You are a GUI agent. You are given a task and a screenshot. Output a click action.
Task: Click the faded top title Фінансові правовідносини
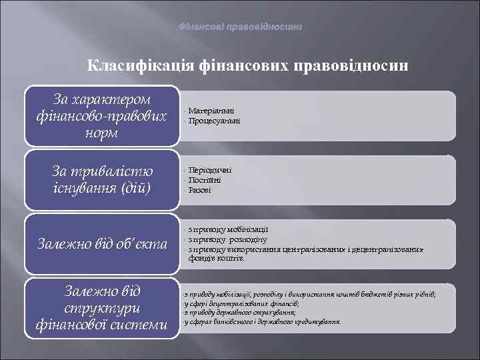tap(240, 27)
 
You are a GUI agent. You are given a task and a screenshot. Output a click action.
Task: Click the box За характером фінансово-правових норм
tap(102, 115)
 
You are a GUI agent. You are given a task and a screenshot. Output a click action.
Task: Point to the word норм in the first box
tap(102, 133)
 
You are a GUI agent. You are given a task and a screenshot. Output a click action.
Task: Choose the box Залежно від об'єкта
tap(102, 244)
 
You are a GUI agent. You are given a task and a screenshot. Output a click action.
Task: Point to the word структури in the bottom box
tap(102, 309)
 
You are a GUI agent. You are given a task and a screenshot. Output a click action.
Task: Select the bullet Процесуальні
tap(214, 121)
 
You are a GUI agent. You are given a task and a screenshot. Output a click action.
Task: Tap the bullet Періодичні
tap(210, 170)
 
